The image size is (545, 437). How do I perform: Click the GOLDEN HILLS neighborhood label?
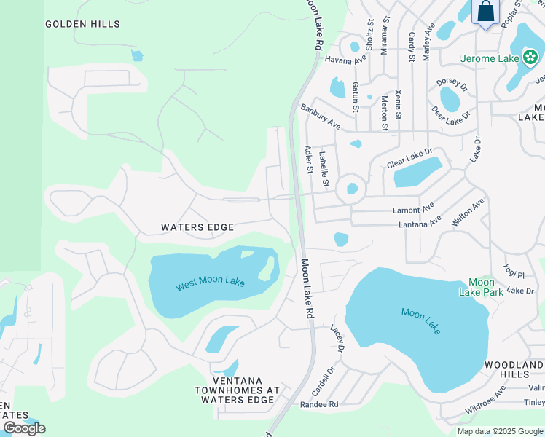82,24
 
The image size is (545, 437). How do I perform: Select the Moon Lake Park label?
481,287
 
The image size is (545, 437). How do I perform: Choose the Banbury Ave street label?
321,115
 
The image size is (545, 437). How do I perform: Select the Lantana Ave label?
420,222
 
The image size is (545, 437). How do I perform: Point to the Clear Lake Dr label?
409,158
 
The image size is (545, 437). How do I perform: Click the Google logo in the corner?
24,428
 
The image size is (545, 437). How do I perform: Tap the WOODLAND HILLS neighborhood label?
514,369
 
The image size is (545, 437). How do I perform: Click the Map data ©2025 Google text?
499,431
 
